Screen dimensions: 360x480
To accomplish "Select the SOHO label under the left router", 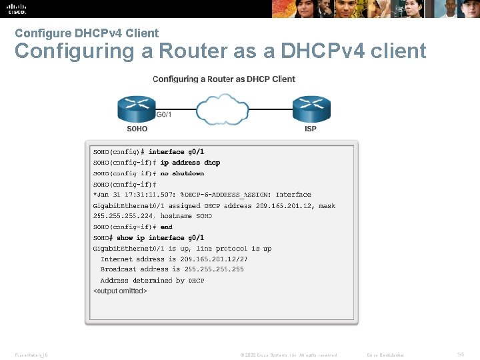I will click(137, 129).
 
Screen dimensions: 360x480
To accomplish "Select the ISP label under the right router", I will click(311, 129).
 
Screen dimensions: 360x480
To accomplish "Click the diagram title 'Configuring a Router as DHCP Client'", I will click(224, 79).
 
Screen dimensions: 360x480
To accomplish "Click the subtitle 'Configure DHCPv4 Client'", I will click(87, 33).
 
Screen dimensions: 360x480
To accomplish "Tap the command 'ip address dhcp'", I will click(190, 163).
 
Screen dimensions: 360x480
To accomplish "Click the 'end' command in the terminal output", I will click(166, 227).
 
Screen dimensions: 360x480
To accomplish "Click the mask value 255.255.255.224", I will click(123, 216).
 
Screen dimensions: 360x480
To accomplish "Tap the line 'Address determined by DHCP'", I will click(153, 281).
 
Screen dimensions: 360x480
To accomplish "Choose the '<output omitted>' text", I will click(120, 291).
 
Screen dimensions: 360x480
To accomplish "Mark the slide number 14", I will click(459, 355).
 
